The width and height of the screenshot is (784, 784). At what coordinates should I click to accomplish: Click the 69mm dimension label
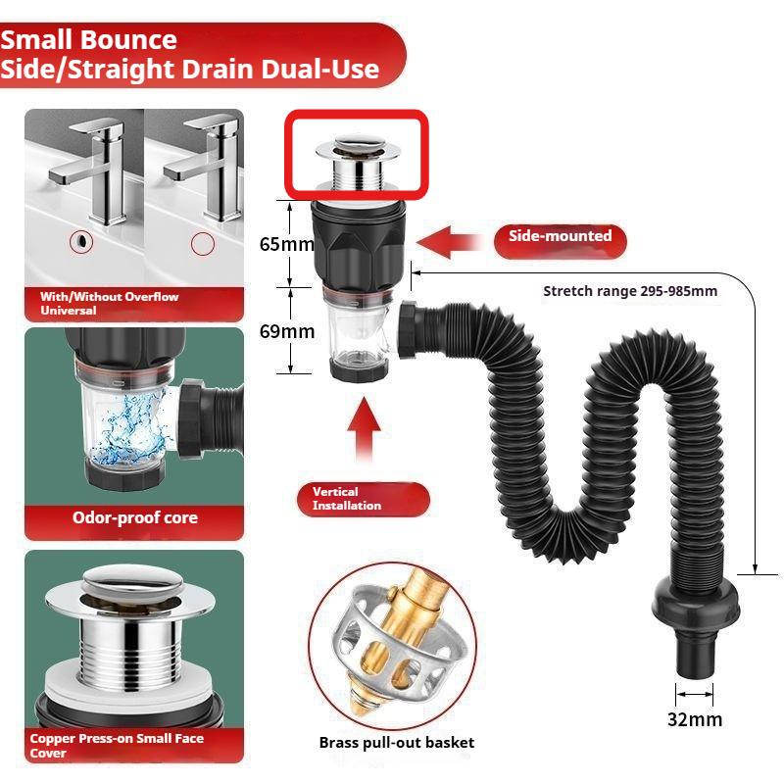tap(286, 331)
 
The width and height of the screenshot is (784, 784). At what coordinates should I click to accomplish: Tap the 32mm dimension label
tap(695, 720)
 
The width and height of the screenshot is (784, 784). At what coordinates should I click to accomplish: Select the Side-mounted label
tap(560, 236)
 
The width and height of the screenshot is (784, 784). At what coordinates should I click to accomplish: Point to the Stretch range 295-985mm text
tap(630, 291)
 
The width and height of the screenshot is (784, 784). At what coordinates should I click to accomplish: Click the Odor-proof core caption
tap(134, 517)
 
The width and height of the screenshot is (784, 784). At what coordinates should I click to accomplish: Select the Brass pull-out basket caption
tap(396, 743)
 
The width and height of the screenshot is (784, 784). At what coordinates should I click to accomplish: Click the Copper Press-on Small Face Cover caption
tap(117, 745)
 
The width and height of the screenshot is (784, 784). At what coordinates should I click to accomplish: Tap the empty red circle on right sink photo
tap(202, 243)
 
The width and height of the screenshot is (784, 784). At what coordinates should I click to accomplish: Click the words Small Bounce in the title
tap(89, 40)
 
